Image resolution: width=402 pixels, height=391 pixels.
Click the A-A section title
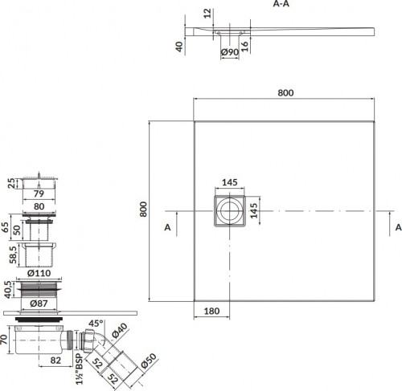coord(281,4)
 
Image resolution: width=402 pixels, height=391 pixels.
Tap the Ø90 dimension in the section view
coord(230,52)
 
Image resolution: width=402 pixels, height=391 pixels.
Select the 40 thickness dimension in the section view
coord(179,47)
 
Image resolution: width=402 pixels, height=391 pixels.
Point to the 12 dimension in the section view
coord(207,14)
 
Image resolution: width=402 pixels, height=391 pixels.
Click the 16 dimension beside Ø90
coord(244,47)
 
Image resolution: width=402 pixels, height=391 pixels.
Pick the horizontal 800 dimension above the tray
coord(285,92)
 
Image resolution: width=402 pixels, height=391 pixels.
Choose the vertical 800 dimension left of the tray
coord(144,210)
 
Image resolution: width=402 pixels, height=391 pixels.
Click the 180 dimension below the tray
coord(211,311)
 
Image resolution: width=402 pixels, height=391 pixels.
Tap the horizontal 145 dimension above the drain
coord(230,182)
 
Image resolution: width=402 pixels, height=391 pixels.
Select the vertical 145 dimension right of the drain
coord(253,210)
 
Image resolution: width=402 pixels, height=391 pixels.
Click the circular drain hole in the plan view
coord(229,211)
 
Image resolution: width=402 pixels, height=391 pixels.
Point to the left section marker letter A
coord(167,227)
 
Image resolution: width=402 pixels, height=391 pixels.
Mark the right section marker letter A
coord(399,227)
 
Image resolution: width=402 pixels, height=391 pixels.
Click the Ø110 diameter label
coord(39,273)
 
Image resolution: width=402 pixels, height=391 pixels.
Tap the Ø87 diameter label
coord(39,303)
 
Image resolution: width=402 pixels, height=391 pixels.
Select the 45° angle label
coord(96,324)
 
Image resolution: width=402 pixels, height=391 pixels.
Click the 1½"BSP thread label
coord(79,369)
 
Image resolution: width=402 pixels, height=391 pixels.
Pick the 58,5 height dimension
coord(14,255)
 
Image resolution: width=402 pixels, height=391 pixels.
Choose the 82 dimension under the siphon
coord(55,360)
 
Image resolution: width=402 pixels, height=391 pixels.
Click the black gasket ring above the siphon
coord(39,319)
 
